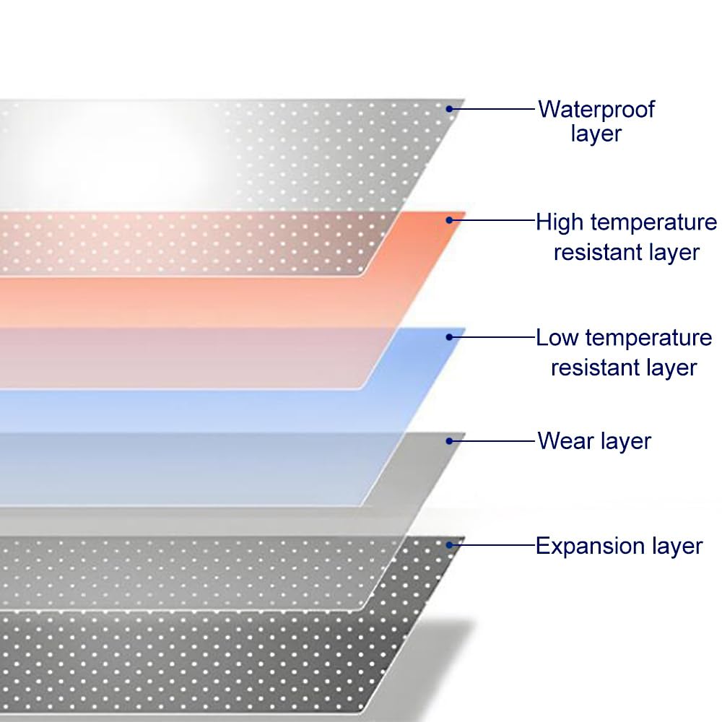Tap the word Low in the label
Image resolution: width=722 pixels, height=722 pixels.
coord(557,338)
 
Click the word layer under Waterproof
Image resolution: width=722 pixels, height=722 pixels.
coord(596,134)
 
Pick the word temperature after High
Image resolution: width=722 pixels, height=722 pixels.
coord(650,222)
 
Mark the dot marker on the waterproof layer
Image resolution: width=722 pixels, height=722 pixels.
coord(449,109)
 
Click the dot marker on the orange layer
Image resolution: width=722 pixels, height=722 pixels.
coord(449,219)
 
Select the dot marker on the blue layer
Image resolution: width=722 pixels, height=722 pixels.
coord(449,336)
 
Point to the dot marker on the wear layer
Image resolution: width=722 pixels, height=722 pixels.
coord(449,440)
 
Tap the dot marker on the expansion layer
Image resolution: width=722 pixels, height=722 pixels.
coord(449,544)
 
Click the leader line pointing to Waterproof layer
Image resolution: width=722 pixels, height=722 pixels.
coord(495,109)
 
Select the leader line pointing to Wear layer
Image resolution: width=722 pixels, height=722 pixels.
coord(495,440)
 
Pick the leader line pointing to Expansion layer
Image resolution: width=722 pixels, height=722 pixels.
coord(495,544)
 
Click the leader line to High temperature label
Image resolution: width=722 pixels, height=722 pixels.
coord(495,219)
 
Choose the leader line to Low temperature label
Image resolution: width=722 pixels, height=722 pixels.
coord(495,336)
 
